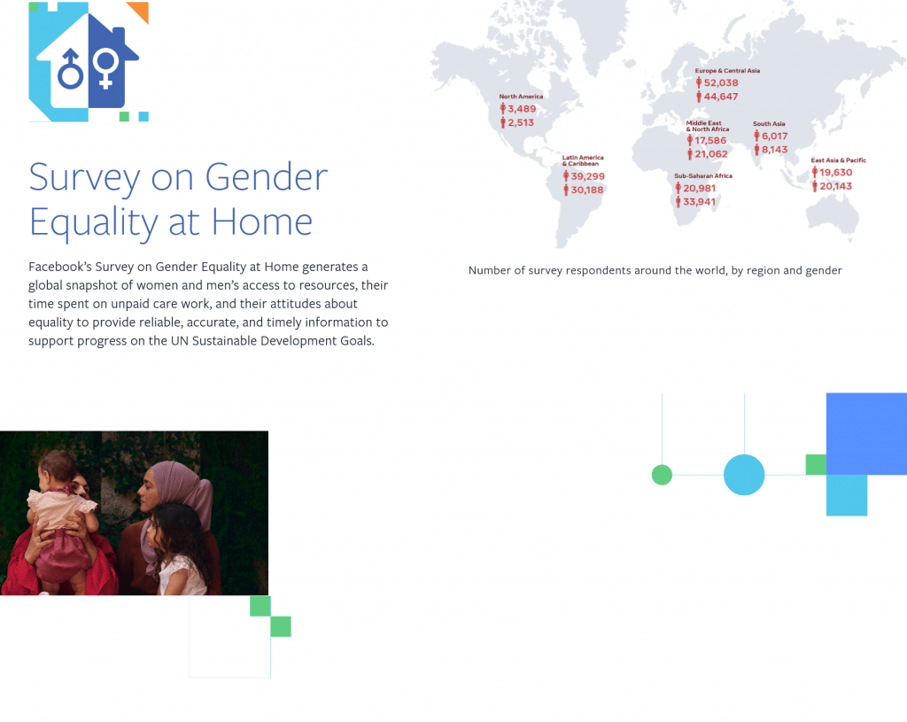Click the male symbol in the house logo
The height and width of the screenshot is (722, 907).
click(x=71, y=68)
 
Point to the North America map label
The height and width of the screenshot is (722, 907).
click(x=521, y=97)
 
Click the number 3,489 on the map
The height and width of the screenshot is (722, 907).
click(x=522, y=109)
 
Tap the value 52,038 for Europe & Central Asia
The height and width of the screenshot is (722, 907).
click(x=721, y=82)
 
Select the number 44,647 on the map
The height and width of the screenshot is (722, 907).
click(x=721, y=97)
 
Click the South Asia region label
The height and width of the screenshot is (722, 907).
click(x=769, y=124)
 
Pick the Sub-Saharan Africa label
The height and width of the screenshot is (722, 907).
click(x=703, y=175)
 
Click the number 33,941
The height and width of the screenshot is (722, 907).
click(x=699, y=201)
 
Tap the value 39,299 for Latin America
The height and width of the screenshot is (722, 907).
click(x=588, y=176)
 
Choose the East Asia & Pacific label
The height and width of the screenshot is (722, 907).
click(x=838, y=160)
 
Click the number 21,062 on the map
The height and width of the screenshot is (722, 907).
click(x=711, y=154)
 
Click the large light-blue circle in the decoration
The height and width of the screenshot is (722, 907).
click(x=744, y=475)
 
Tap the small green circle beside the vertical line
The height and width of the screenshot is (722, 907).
click(x=662, y=475)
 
